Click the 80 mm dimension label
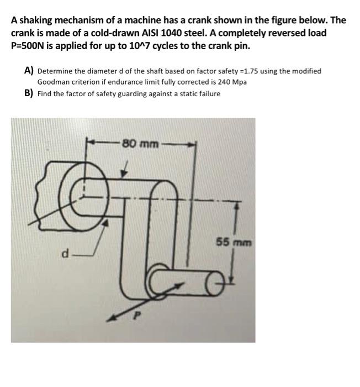coord(140,144)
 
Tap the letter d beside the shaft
coord(66,255)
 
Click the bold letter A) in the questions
coord(29,71)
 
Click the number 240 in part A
coord(221,82)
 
